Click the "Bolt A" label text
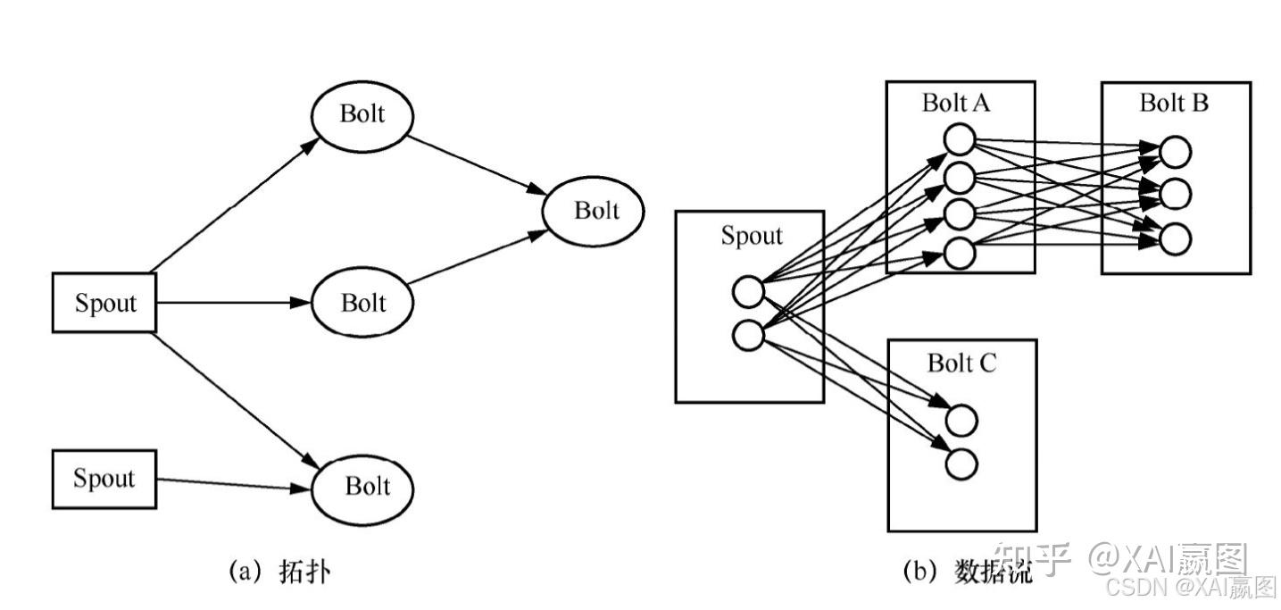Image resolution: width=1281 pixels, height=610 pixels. tap(956, 103)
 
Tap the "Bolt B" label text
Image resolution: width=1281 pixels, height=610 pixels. tap(1174, 103)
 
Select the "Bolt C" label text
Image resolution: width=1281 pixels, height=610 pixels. tap(961, 363)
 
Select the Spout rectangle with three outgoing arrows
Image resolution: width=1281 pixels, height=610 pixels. tap(104, 304)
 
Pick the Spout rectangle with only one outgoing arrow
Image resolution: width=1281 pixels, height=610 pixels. tap(104, 479)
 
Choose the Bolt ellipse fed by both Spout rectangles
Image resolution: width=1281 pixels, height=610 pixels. tap(363, 486)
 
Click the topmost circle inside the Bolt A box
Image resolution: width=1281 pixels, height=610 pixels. tap(959, 139)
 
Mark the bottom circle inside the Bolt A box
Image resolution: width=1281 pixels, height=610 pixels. tap(959, 253)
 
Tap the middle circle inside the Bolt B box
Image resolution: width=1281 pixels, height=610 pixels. tap(1175, 194)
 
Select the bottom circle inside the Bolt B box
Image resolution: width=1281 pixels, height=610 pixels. tap(1175, 238)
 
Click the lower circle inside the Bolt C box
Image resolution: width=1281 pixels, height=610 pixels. tap(962, 464)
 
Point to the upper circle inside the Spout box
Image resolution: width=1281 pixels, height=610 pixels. tap(747, 291)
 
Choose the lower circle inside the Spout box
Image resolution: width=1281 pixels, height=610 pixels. tap(747, 335)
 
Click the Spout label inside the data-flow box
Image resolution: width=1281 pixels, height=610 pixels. tap(751, 236)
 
